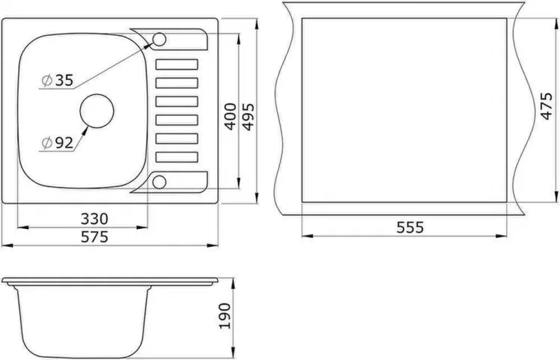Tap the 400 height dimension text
point(231,117)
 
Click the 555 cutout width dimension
point(410,227)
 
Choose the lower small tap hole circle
point(159,180)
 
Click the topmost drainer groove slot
point(176,64)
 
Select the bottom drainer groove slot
point(176,156)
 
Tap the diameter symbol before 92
point(46,141)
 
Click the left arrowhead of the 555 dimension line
point(305,235)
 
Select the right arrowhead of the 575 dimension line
point(215,245)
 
